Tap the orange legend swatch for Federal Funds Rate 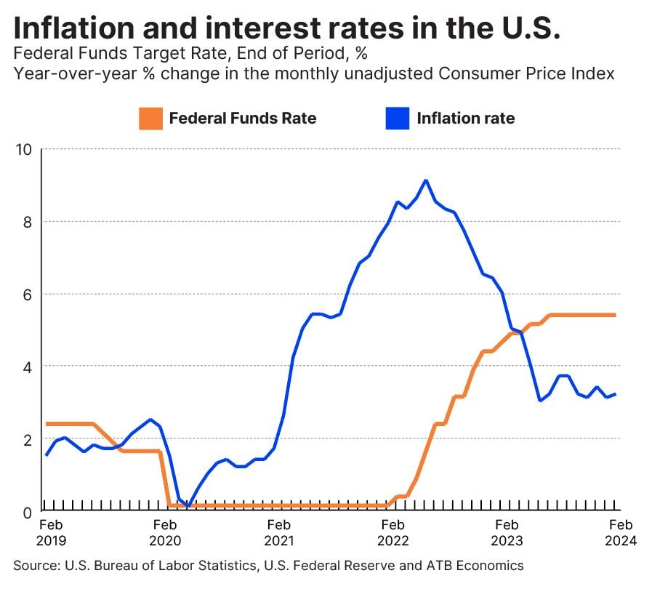point(149,119)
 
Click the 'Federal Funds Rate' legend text point(243,119)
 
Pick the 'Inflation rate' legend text point(465,119)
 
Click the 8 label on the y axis point(28,222)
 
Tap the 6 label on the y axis point(28,294)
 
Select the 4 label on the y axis point(28,366)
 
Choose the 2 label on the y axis point(28,439)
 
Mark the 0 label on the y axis point(28,511)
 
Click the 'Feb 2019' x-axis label point(52,532)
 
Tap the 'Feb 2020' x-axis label point(165,532)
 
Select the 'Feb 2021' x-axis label point(280,532)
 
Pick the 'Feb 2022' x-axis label point(393,532)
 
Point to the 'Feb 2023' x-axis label point(507,532)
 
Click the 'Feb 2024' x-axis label point(621,532)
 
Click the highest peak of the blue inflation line point(426,180)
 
